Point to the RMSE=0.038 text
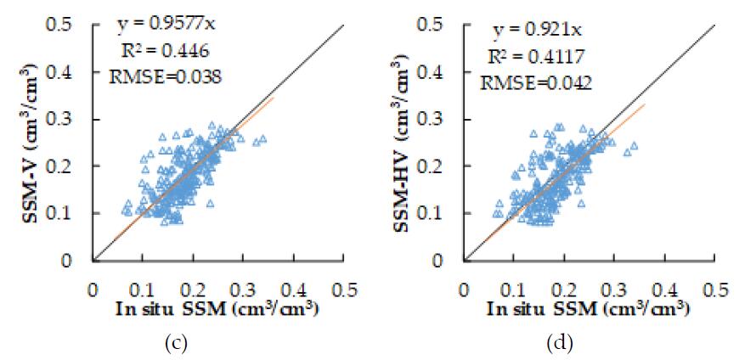(166, 76)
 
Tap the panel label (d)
(561, 344)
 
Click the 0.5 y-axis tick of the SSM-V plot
(71, 25)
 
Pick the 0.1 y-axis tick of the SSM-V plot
(71, 213)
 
